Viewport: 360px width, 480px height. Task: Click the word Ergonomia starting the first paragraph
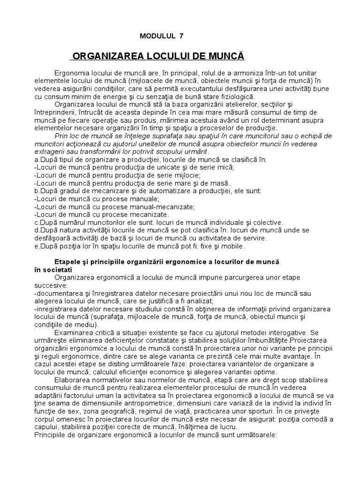71,73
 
